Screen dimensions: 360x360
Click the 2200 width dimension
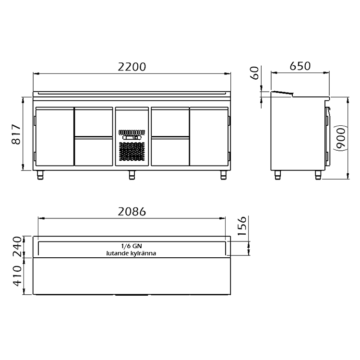pos(132,67)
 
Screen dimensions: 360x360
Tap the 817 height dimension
pos(16,134)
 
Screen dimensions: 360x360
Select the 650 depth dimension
pos(300,66)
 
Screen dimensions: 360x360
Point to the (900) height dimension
pos(342,138)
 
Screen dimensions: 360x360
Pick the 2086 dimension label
pos(132,212)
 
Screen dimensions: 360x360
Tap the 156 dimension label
pos(242,226)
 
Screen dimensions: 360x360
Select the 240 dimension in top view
pos(17,247)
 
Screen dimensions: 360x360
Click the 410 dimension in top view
pos(17,276)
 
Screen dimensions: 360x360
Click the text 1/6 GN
pos(132,246)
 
